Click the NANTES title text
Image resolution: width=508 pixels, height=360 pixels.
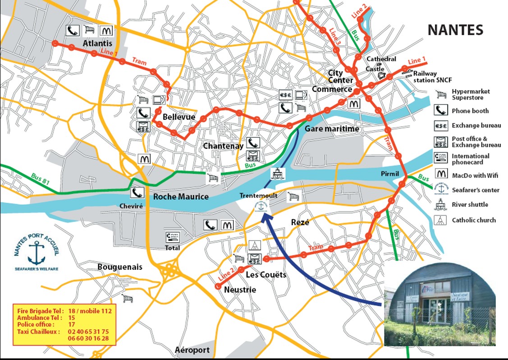pos(455,30)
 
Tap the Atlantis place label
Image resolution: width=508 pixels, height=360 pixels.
pos(97,43)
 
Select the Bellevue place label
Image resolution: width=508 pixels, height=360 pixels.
pos(179,117)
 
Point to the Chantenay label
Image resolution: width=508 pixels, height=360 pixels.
pos(223,146)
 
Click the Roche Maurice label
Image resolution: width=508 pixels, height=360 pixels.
pos(181,196)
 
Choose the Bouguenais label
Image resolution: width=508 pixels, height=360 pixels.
pos(120,267)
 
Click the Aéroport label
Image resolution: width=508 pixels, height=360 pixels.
pos(192,350)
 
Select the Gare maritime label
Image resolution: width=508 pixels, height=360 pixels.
pos(332,129)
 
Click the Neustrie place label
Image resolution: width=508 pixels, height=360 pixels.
pos(240,290)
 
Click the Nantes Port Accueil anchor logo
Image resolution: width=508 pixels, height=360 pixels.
pos(36,252)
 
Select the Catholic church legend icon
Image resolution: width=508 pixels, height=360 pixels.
pos(440,220)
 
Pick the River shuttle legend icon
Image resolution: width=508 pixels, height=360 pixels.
pos(440,205)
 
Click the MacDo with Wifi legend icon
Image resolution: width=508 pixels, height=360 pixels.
pos(440,174)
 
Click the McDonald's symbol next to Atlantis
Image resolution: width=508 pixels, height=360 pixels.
pos(106,30)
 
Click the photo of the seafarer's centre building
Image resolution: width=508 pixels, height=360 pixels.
pos(439,304)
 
